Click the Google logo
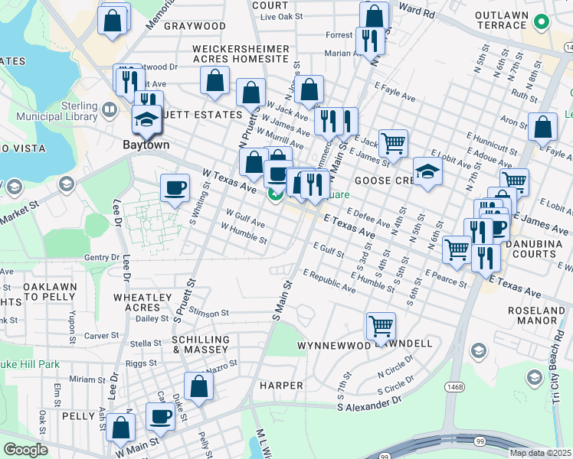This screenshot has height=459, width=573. tap(25, 450)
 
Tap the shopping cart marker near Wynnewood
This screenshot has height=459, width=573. tap(381, 327)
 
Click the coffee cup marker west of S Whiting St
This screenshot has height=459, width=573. tap(175, 187)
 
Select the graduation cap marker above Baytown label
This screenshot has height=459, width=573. tap(146, 119)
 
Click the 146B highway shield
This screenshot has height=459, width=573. tap(455, 388)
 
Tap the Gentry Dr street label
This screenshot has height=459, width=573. tap(102, 258)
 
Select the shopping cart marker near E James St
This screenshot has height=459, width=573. tap(393, 142)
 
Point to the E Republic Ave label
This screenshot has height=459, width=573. tap(329, 281)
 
